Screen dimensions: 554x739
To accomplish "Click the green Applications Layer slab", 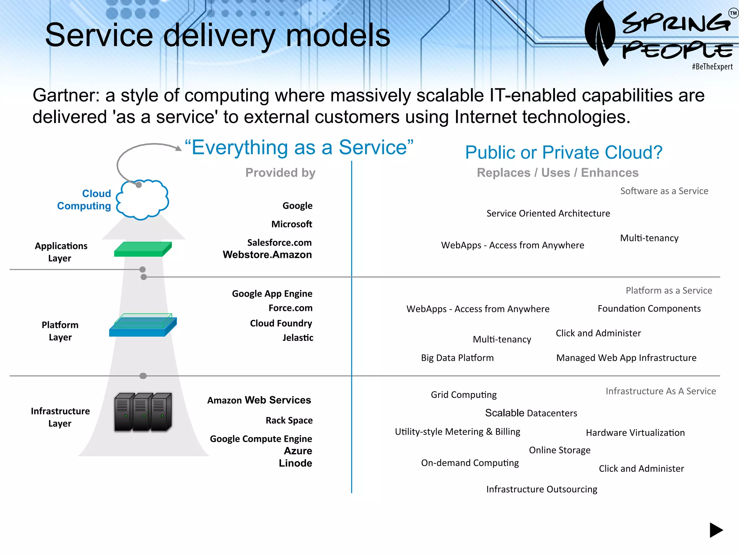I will [x=143, y=249].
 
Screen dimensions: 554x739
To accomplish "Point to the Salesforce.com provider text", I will [x=279, y=242].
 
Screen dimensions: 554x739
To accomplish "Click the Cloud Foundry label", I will [x=281, y=323].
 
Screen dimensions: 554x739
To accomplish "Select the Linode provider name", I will [x=295, y=463].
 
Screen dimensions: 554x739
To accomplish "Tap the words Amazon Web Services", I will [x=259, y=400].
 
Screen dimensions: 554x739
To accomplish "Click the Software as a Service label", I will [x=664, y=191].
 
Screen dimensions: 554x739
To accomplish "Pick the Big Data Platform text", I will [x=457, y=358].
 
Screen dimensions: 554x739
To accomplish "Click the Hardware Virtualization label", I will [x=635, y=432].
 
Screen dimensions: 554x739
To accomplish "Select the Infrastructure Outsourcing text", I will [x=542, y=489].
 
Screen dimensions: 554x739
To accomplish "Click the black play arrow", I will [x=716, y=530].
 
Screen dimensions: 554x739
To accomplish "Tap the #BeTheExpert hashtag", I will [x=712, y=67].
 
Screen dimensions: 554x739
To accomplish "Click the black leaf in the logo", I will [x=600, y=32].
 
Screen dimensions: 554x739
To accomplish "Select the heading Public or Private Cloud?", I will [x=564, y=152].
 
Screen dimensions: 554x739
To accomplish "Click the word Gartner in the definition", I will [x=65, y=96].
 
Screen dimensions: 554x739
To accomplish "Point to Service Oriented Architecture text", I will [x=548, y=213].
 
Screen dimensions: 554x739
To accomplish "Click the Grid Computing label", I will [x=464, y=395].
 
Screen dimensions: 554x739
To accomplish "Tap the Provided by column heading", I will [x=280, y=172].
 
